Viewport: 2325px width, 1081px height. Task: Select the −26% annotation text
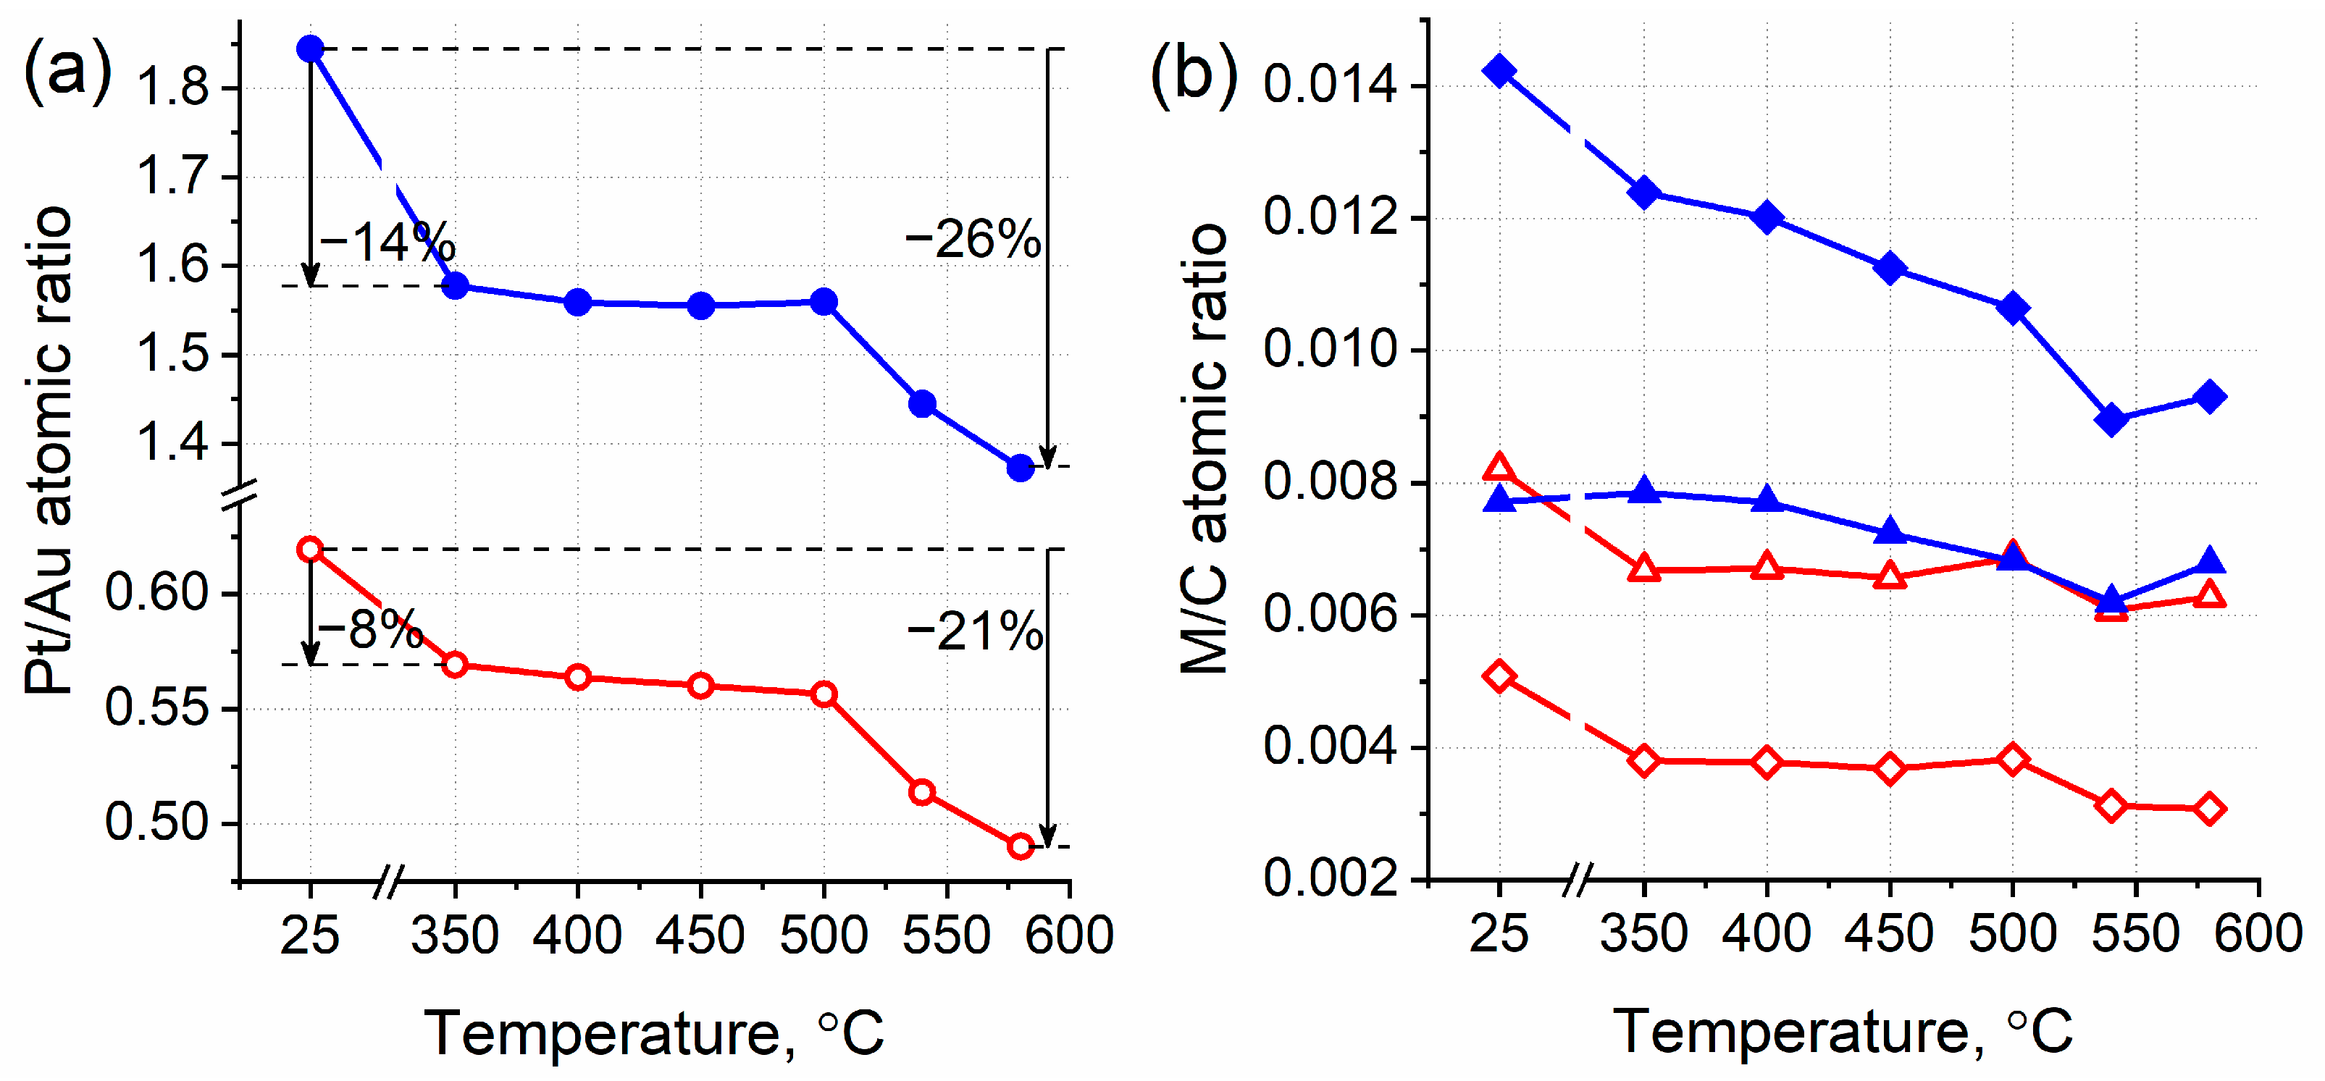coord(973,240)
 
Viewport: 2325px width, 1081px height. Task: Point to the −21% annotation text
coord(975,631)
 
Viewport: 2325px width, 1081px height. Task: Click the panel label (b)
coord(1193,76)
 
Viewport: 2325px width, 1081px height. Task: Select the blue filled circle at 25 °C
coord(311,48)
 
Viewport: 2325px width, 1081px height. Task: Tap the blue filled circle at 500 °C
coord(823,301)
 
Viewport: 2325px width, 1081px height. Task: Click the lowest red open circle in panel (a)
coord(1020,846)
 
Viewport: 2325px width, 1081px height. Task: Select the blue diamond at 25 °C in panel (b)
coord(1499,70)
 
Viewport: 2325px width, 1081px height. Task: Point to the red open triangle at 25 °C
coord(1499,468)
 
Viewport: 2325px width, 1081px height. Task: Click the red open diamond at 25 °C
coord(1499,676)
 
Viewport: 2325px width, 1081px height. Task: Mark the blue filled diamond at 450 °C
coord(1890,268)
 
